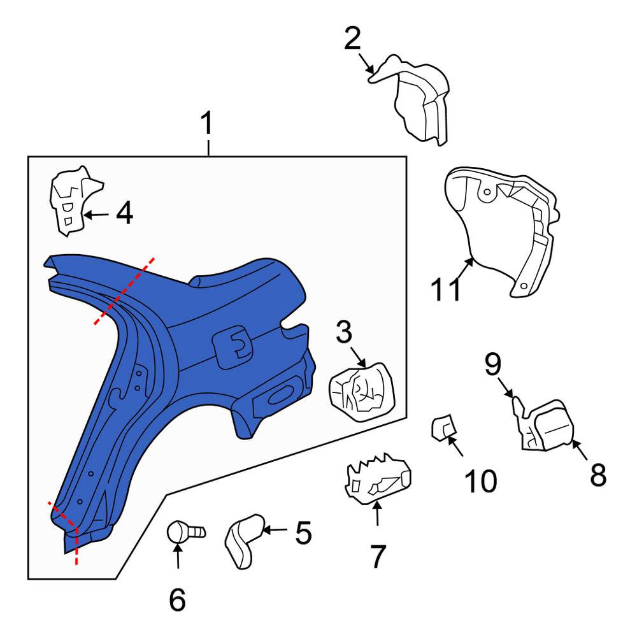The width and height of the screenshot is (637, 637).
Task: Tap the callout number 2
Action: click(x=352, y=39)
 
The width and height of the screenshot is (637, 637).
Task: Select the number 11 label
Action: click(x=446, y=289)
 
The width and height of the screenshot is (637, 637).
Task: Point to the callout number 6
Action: click(x=177, y=599)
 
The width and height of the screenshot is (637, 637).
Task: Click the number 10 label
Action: click(x=480, y=481)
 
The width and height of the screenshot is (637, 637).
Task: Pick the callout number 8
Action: click(x=598, y=475)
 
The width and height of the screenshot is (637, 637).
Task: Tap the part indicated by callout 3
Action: click(x=361, y=392)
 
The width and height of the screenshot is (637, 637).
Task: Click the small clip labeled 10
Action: click(x=442, y=427)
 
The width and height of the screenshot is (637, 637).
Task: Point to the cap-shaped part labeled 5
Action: click(x=244, y=541)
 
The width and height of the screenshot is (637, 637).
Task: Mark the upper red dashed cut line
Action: click(x=124, y=291)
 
